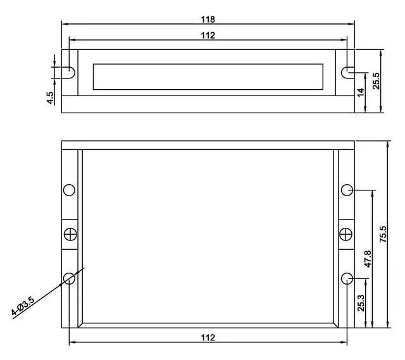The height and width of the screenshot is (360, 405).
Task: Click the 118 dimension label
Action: click(x=208, y=20)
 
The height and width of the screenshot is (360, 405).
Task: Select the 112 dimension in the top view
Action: click(x=208, y=35)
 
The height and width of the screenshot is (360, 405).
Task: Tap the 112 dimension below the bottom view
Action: click(x=208, y=337)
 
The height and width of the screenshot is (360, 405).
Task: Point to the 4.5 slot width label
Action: click(x=50, y=98)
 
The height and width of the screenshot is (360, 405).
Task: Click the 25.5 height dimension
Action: click(x=376, y=81)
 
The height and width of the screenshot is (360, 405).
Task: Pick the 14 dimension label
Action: click(x=361, y=92)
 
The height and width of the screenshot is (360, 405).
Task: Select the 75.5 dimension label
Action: click(x=383, y=234)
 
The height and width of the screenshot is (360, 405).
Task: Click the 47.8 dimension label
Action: click(x=368, y=259)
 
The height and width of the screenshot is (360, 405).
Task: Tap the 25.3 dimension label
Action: click(x=361, y=303)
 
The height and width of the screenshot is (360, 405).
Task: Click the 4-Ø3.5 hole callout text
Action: click(x=23, y=306)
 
